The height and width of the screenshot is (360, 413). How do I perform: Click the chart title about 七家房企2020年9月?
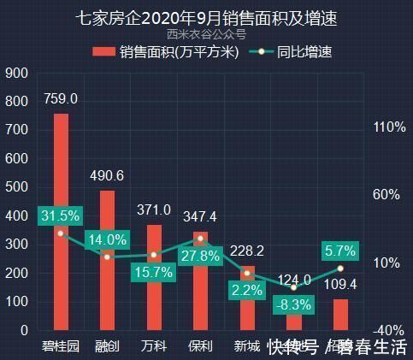click(206, 18)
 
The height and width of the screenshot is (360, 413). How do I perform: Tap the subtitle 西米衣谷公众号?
click(206, 35)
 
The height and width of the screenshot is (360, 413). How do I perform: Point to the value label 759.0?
click(61, 99)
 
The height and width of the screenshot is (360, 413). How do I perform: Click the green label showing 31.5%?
click(60, 215)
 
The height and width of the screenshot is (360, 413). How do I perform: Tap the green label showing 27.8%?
click(200, 256)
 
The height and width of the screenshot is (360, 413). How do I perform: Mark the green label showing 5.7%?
click(339, 251)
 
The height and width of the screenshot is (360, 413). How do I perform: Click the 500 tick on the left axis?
click(16, 187)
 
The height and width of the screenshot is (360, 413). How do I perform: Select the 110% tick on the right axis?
click(388, 127)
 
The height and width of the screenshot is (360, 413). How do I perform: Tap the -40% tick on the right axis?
click(388, 330)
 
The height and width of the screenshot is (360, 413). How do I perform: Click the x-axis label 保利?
click(200, 346)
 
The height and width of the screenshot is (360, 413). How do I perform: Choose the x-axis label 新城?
click(246, 346)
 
